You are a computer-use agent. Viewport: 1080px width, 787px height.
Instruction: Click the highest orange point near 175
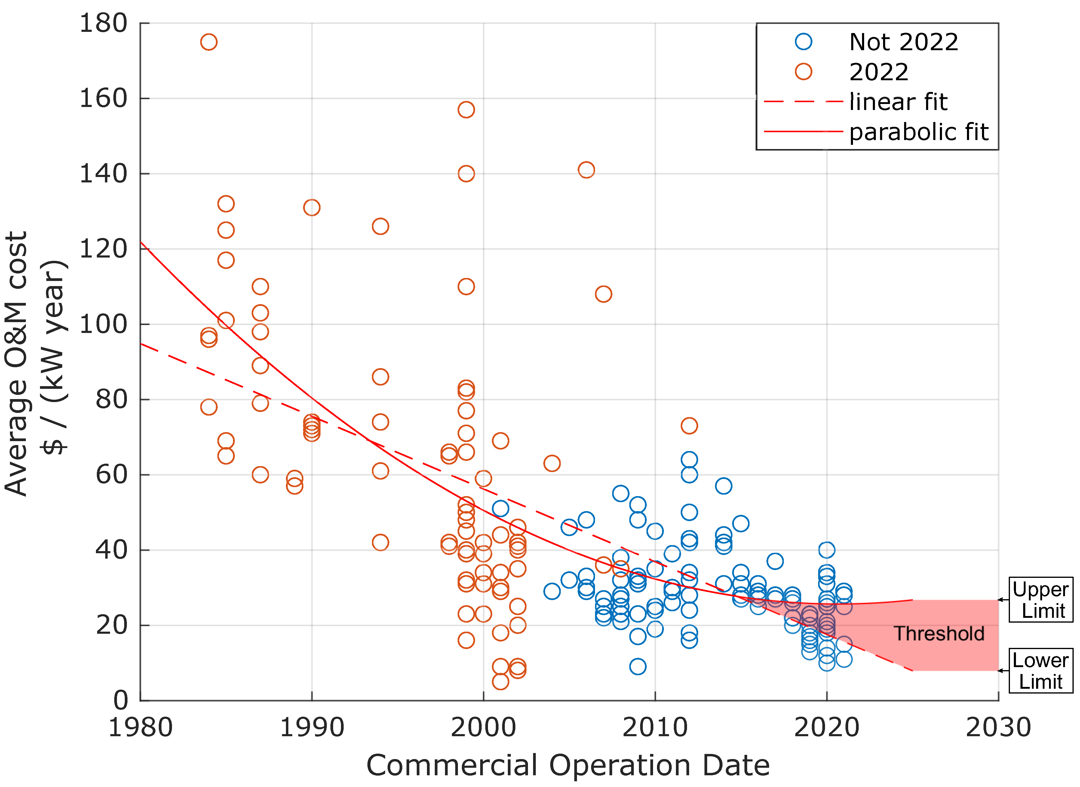pyautogui.click(x=209, y=42)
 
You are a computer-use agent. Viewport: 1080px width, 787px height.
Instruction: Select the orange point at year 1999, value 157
pyautogui.click(x=466, y=110)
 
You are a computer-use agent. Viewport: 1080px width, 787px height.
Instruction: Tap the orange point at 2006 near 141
pyautogui.click(x=586, y=169)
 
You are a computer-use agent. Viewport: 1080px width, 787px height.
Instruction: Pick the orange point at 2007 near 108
pyautogui.click(x=603, y=294)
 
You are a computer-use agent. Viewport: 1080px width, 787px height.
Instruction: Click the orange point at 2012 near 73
pyautogui.click(x=689, y=426)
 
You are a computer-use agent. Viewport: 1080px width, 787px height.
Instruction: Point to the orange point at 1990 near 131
pyautogui.click(x=312, y=207)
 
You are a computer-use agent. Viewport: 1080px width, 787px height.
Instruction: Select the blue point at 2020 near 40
pyautogui.click(x=827, y=550)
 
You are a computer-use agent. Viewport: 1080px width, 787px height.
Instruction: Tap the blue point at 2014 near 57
pyautogui.click(x=723, y=486)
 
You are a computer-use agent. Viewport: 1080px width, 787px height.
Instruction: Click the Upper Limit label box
pyautogui.click(x=1041, y=600)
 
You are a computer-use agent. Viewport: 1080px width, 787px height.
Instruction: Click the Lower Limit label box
pyautogui.click(x=1041, y=671)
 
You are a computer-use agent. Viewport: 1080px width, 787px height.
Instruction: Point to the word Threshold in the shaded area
pyautogui.click(x=939, y=634)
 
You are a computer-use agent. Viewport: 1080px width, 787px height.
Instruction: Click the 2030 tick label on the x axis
pyautogui.click(x=998, y=728)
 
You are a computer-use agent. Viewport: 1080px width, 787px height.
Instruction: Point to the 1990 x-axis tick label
pyautogui.click(x=312, y=728)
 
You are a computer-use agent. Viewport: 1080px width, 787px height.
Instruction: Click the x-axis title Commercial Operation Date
pyautogui.click(x=568, y=766)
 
